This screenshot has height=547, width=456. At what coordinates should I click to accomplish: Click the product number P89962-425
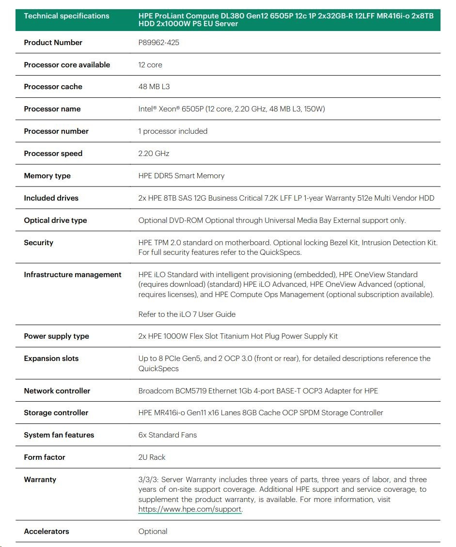(158, 43)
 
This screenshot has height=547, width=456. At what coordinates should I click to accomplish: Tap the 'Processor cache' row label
(53, 87)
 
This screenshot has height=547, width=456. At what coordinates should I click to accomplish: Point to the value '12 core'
(150, 65)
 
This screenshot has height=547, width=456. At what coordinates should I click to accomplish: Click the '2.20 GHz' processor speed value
(154, 154)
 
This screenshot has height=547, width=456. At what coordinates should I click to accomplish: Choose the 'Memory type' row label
(47, 176)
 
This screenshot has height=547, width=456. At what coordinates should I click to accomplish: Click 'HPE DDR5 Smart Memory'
(181, 176)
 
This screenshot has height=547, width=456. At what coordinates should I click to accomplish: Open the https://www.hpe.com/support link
(189, 509)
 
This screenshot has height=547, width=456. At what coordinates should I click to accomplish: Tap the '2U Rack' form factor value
(152, 457)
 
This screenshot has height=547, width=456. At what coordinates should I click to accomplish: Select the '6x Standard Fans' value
(167, 435)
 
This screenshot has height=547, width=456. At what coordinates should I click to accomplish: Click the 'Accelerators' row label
(47, 531)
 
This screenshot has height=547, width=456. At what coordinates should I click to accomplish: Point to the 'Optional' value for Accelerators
(153, 531)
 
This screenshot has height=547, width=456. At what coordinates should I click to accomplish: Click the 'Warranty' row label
(40, 480)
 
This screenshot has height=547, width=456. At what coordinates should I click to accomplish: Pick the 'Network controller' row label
(57, 391)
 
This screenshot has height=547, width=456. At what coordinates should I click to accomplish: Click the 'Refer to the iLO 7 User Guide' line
(187, 314)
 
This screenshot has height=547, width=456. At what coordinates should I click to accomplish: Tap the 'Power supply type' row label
(56, 336)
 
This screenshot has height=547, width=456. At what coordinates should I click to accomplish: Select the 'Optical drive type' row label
(55, 220)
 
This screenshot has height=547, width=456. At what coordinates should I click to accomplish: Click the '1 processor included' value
(173, 131)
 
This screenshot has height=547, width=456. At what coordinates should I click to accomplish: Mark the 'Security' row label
(38, 243)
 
